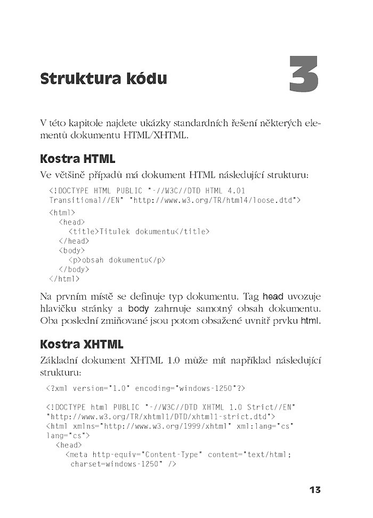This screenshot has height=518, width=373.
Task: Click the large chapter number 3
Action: (x=304, y=75)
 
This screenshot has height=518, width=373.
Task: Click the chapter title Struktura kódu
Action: (x=103, y=79)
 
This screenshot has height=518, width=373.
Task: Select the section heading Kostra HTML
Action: (x=77, y=159)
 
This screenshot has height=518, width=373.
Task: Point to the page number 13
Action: (x=314, y=489)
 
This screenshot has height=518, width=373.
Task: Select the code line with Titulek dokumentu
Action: (x=139, y=232)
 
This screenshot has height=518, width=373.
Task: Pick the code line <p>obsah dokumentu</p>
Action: (x=117, y=260)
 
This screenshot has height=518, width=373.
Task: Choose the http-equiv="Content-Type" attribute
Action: (x=148, y=455)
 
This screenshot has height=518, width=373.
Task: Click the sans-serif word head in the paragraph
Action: (x=273, y=296)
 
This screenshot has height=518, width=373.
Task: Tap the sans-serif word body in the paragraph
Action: (x=138, y=309)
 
